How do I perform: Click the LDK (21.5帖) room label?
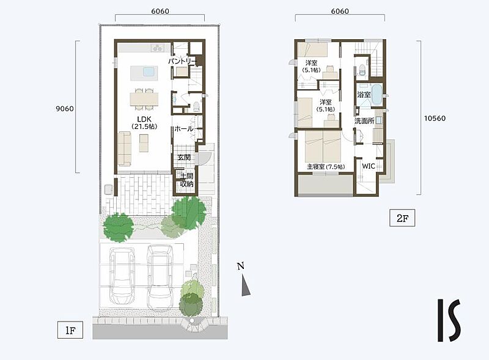144,123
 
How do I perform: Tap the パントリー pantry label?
182,61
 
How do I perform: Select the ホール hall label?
184,128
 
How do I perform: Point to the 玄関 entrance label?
184,158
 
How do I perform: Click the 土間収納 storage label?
187,180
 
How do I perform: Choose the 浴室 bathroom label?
364,94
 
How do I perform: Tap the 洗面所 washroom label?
364,121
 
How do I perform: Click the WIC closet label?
369,166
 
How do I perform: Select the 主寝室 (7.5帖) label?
326,167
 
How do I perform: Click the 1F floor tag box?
70,330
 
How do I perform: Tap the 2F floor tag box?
402,218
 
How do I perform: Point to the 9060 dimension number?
65,109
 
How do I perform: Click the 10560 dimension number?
435,118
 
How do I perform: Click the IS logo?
449,320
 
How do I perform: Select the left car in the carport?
122,275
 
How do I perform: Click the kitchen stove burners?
158,48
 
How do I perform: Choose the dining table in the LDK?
144,99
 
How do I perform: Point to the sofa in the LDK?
125,149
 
